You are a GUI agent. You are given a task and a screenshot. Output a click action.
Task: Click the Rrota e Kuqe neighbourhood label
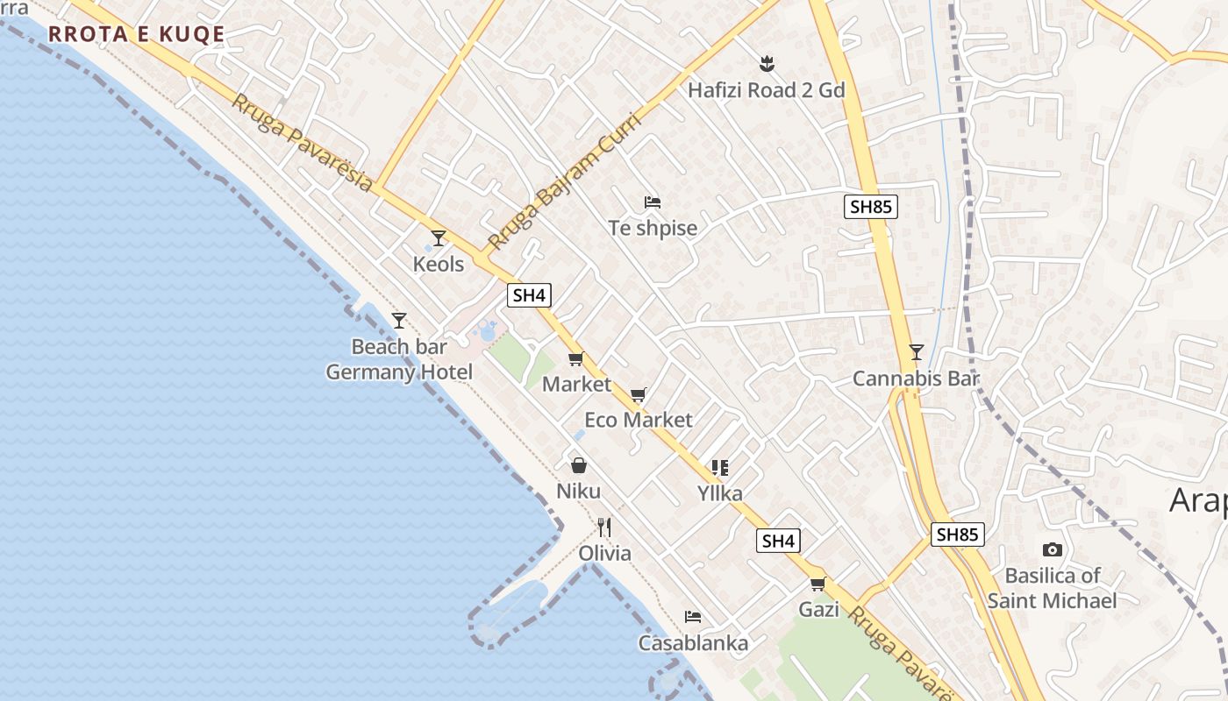coord(136,35)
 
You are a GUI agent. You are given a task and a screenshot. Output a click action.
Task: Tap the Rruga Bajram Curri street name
coord(564,181)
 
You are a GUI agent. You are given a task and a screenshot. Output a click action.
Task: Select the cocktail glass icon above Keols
coord(439,238)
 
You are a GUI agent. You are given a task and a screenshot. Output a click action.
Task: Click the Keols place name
coord(439,264)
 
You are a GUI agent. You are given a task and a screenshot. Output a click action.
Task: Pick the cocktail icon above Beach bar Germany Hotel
coord(399,321)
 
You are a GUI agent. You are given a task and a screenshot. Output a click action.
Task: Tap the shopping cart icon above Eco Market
coord(639,394)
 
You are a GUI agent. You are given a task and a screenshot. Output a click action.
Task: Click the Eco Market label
coord(639,420)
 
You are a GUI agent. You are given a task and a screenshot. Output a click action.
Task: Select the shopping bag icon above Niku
coord(579,464)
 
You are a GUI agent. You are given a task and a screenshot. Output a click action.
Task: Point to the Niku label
coord(579,491)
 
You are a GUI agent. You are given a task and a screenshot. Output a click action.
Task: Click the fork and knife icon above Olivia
coord(604,527)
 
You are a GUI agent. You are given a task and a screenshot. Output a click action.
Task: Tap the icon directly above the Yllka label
coord(720,468)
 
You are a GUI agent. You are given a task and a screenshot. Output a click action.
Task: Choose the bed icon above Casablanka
coord(693,617)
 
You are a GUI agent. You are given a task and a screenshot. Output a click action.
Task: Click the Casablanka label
coord(693,643)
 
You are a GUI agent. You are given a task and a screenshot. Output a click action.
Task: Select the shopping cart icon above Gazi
coord(818,584)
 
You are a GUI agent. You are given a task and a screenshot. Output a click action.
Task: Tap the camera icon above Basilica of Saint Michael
coord(1052,550)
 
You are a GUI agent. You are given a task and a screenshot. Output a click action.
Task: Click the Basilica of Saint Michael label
coord(1052,588)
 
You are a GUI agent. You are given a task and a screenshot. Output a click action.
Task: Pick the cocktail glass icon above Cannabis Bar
coord(917,352)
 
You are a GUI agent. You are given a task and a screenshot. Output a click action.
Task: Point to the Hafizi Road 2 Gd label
coord(766,90)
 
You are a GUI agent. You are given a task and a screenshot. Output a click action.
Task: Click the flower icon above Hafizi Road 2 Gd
coord(767,63)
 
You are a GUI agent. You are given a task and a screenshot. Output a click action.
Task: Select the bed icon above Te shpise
coord(653,202)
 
